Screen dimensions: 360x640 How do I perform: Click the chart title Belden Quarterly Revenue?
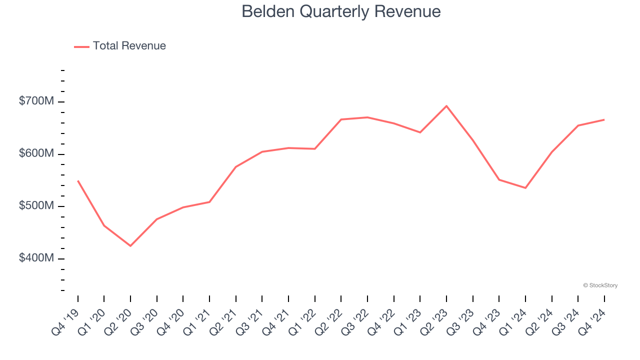click(341, 11)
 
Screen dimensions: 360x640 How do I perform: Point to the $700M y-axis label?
click(36, 101)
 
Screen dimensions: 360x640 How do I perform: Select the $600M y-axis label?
click(36, 153)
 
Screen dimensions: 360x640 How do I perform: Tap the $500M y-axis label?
click(36, 206)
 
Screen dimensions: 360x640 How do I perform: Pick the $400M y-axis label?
click(36, 258)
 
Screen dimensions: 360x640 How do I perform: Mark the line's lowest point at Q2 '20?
click(130, 246)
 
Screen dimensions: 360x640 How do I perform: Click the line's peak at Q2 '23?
click(446, 106)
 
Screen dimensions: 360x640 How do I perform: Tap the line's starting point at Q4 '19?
click(78, 180)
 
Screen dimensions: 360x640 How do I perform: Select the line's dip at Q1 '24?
click(525, 188)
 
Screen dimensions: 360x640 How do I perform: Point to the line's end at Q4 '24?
click(604, 119)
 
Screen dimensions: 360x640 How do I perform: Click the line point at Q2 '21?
click(236, 167)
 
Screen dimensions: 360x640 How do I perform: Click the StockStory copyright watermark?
click(600, 285)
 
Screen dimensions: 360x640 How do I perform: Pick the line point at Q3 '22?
click(367, 117)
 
